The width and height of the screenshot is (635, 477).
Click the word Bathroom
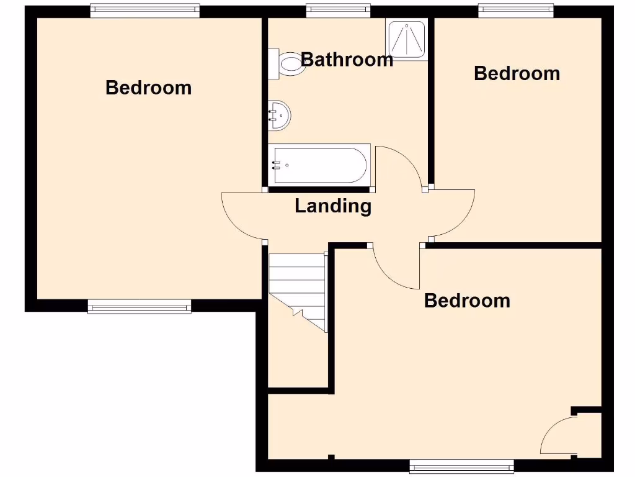347,60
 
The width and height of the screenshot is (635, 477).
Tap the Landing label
333,206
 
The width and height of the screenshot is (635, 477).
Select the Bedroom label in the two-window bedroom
148,88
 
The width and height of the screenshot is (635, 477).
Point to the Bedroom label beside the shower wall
517,73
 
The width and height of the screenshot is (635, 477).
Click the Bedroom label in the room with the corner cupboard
467,301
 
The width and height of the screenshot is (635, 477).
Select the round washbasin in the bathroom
280,115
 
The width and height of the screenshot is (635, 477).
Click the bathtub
319,165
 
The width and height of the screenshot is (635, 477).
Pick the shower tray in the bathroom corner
406,39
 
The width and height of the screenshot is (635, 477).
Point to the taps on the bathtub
276,165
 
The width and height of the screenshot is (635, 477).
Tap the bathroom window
337,9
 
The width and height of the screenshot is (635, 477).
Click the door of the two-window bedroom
242,217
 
